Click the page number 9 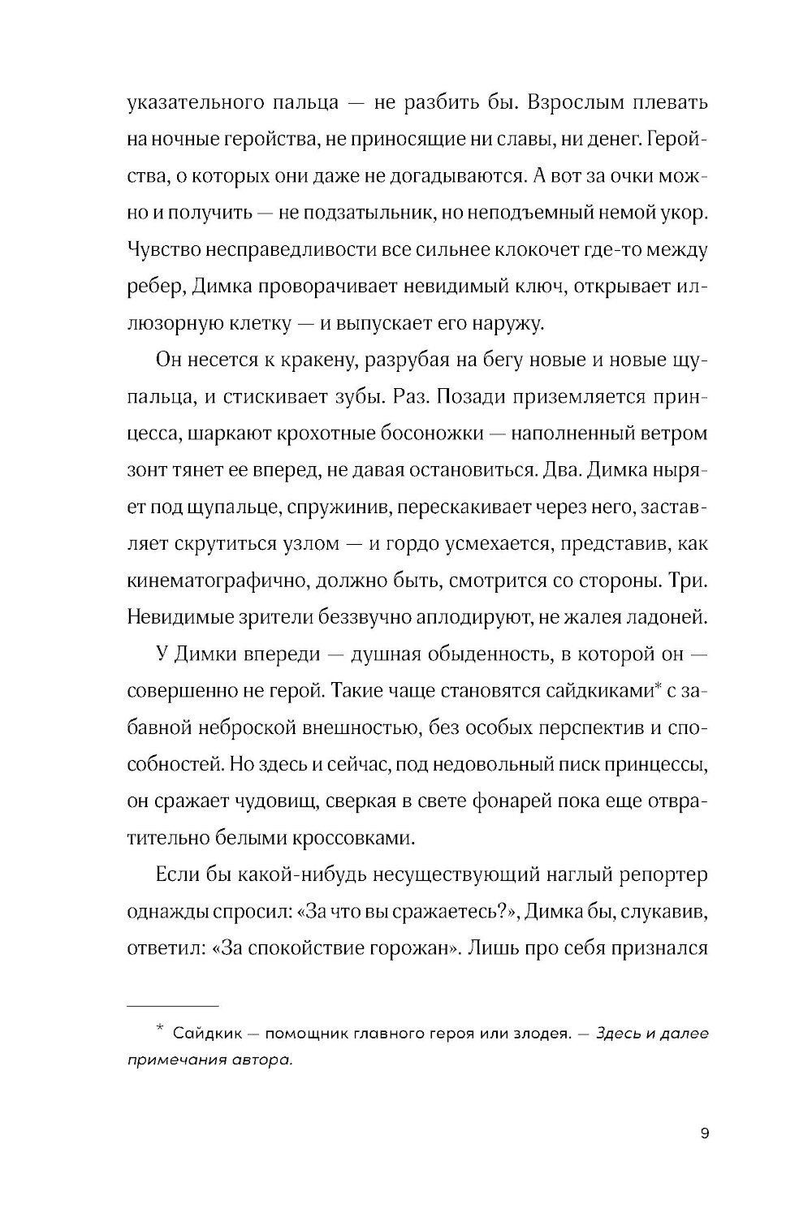pyautogui.click(x=704, y=1134)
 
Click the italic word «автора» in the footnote pyautogui.click(x=261, y=1061)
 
